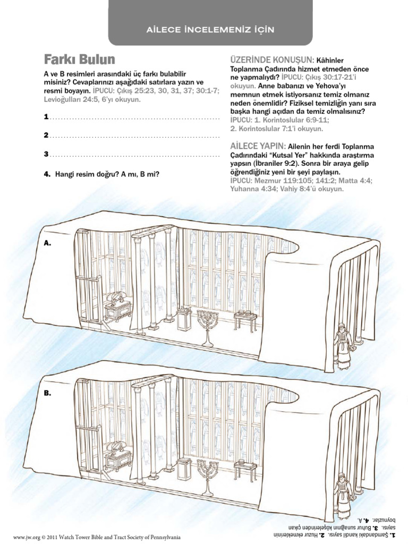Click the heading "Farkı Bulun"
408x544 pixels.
79,59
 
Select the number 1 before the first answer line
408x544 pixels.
46,116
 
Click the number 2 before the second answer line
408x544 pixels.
46,135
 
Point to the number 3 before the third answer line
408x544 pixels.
46,155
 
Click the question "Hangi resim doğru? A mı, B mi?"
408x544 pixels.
107,174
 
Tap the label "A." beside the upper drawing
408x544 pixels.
48,243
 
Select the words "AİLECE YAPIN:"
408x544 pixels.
258,146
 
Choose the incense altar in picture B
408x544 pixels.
184,467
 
